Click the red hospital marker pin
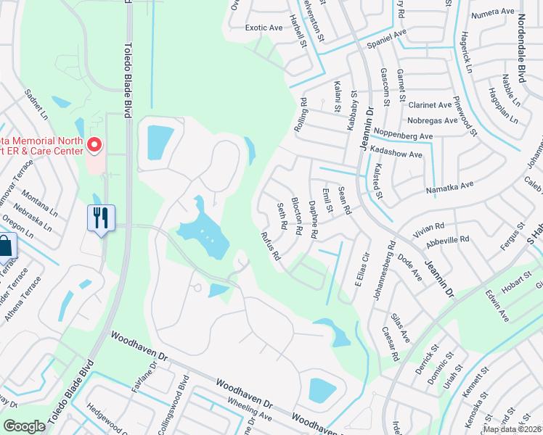point(94,146)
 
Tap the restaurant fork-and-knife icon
point(101,217)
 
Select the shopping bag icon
point(5,246)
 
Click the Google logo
point(25,426)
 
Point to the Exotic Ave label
point(264,28)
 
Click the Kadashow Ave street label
point(396,154)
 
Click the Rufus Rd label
point(270,245)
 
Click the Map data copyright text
point(512,429)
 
